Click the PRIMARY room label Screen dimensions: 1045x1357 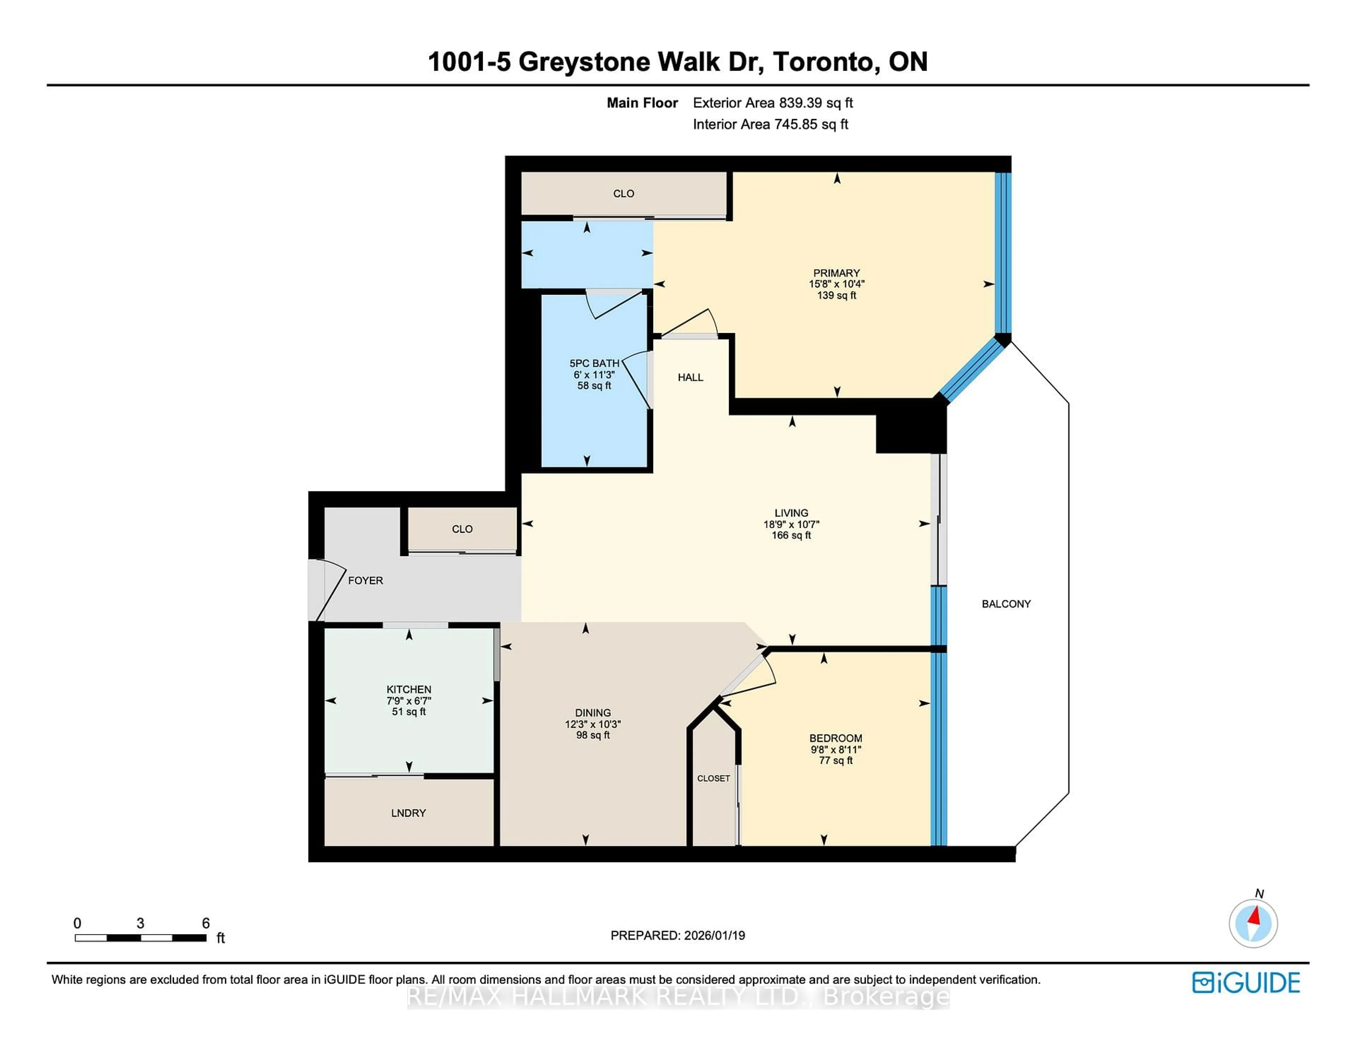pyautogui.click(x=836, y=273)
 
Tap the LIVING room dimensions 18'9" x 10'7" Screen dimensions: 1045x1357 pyautogui.click(x=791, y=524)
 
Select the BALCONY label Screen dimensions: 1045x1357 pyautogui.click(x=1006, y=603)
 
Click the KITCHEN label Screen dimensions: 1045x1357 pyautogui.click(x=409, y=689)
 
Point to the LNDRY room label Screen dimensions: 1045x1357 pyautogui.click(x=408, y=813)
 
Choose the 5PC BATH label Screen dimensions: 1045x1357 pyautogui.click(x=594, y=363)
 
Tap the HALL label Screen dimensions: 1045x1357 pyautogui.click(x=690, y=377)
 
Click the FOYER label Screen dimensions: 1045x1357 pyautogui.click(x=365, y=580)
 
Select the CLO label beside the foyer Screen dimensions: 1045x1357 pyautogui.click(x=462, y=529)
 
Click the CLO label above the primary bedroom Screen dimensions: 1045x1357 pyautogui.click(x=623, y=193)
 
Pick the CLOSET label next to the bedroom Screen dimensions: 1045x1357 pyautogui.click(x=713, y=778)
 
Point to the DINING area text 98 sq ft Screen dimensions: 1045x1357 pyautogui.click(x=593, y=735)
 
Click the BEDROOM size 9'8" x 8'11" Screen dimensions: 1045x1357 pyautogui.click(x=836, y=749)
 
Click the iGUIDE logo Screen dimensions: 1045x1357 pyautogui.click(x=1246, y=982)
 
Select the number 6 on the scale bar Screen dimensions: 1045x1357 pyautogui.click(x=206, y=923)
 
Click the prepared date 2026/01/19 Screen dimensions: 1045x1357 pyautogui.click(x=714, y=935)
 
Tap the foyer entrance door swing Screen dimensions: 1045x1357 pyautogui.click(x=329, y=587)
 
